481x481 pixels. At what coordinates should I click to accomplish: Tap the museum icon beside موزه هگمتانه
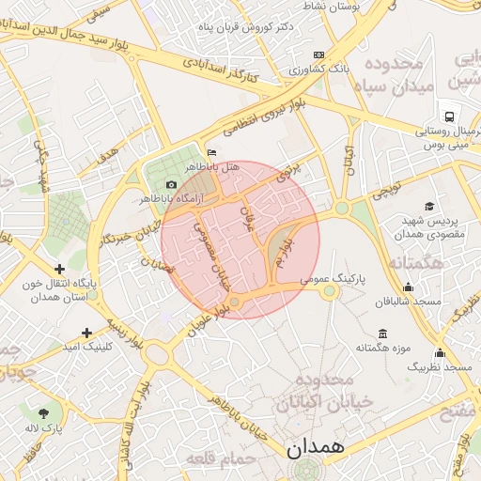point(382,334)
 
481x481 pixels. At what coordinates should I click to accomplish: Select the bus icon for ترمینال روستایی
point(451,117)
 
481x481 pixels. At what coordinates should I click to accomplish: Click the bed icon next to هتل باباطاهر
point(211,152)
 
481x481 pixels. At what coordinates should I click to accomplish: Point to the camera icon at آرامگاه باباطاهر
point(170,184)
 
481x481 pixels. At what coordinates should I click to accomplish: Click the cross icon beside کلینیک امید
point(87,333)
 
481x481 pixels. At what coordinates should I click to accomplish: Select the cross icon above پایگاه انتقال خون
point(59,270)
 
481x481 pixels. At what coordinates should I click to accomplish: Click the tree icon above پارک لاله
point(44,412)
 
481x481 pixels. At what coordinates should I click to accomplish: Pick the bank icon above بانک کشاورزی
point(318,55)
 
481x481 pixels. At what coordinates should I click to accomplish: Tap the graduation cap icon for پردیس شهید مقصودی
point(429,206)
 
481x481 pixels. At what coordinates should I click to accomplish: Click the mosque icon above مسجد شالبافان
point(408,287)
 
